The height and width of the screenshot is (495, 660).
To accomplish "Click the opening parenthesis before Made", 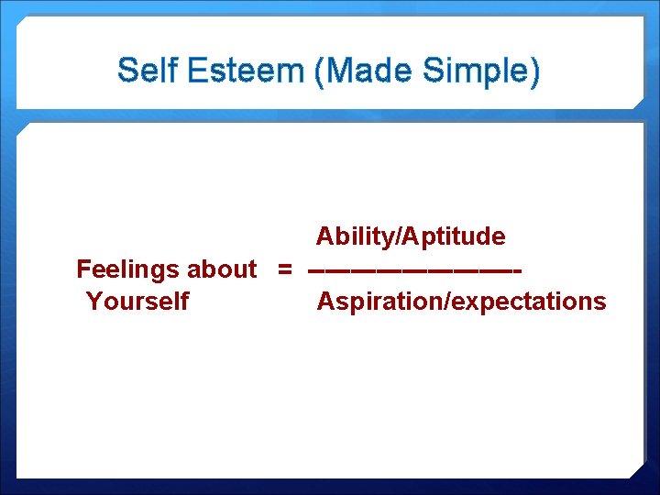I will pos(320,71).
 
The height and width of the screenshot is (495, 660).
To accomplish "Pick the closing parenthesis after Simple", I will pos(533,71).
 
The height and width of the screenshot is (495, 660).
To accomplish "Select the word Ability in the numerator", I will pos(351,236).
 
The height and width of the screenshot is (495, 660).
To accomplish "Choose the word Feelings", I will pos(128,269).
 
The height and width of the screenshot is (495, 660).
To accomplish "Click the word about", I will pos(222,269).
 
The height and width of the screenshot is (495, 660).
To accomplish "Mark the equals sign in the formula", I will pos(285,270).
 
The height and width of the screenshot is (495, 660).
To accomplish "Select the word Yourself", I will pos(137,302).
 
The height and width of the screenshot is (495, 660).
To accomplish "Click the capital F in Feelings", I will pos(83,269).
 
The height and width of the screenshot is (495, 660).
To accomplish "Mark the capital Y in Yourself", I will pos(93,302).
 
